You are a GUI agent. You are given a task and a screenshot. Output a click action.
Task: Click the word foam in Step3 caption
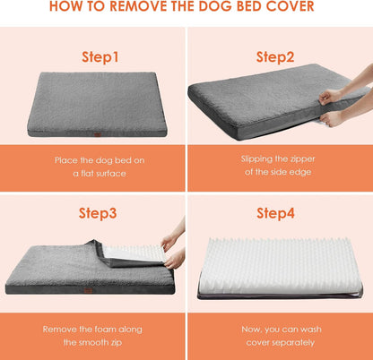[x=102, y=328]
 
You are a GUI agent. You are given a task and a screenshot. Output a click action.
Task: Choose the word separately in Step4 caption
[x=291, y=342]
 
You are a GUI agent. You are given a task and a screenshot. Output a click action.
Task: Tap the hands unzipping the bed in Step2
[x=335, y=103]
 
